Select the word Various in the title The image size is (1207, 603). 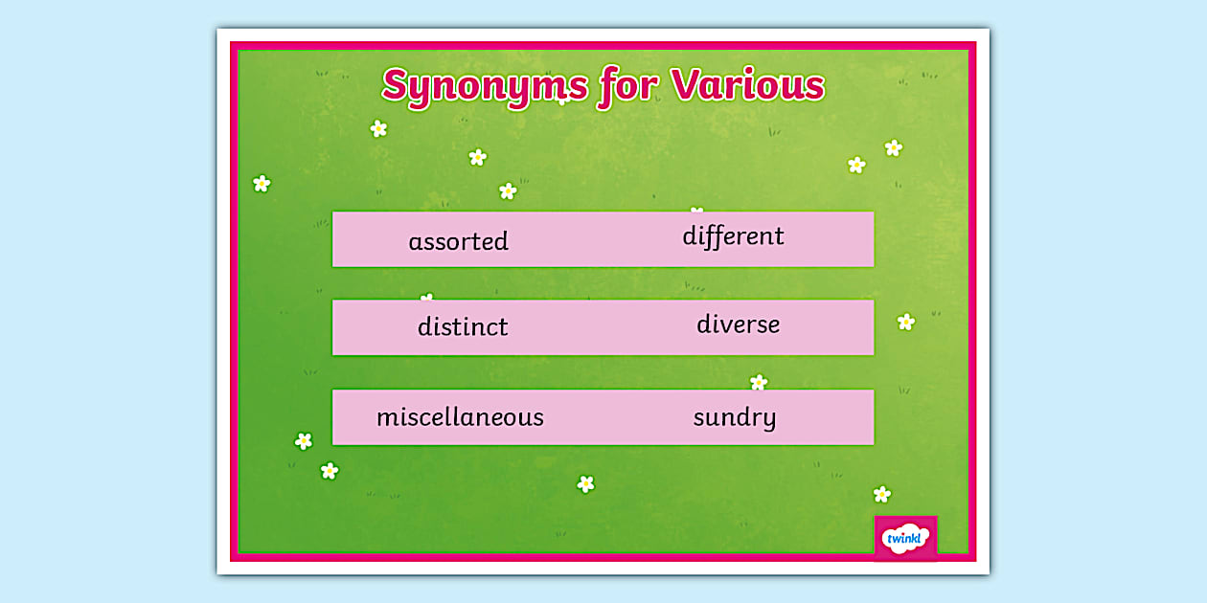(x=747, y=85)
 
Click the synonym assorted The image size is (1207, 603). (x=458, y=241)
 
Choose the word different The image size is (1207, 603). (x=733, y=236)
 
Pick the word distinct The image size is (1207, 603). (x=463, y=326)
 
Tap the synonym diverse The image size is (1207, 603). (x=738, y=324)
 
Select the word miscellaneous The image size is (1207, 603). (x=460, y=417)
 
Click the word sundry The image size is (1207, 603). (x=735, y=417)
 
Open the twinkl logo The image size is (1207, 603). (x=905, y=538)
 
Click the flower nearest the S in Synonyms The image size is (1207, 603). (x=378, y=128)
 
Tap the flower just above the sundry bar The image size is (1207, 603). (x=759, y=383)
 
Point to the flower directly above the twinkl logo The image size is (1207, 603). (x=882, y=494)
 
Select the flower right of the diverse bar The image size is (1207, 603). (x=906, y=322)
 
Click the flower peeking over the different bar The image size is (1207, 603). (x=696, y=211)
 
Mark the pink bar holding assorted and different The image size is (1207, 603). (x=603, y=239)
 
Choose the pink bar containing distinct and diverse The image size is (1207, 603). (x=603, y=327)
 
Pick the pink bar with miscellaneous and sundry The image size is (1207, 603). (x=603, y=417)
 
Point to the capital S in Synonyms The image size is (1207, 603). (x=396, y=86)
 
